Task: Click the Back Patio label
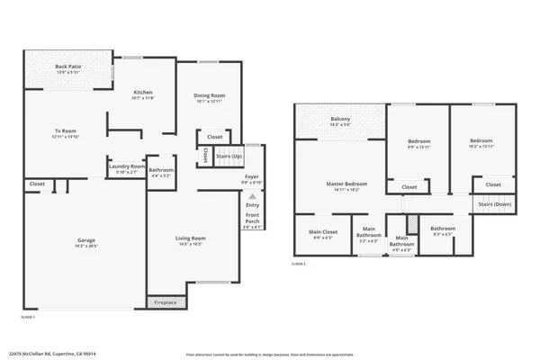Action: coord(67,67)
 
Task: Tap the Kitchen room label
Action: coord(143,93)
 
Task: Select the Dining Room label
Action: coord(209,95)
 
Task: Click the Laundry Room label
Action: coord(126,166)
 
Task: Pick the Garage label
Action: coord(86,240)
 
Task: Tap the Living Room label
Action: coord(190,238)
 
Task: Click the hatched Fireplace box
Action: coord(166,302)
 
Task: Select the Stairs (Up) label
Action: coord(229,157)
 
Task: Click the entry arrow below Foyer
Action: coord(252,195)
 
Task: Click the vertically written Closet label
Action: coord(205,156)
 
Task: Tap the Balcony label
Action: coord(340,119)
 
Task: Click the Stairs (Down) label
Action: coord(494,204)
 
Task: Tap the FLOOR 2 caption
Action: coord(299,265)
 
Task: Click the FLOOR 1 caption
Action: coord(28,317)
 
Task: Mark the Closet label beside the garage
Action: coord(37,184)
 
